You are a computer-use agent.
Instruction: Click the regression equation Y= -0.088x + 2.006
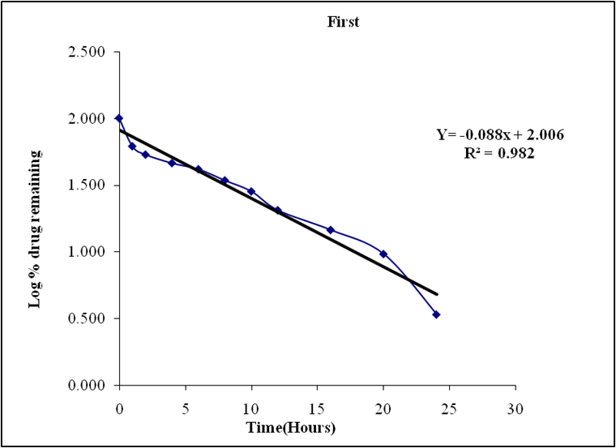coord(500,134)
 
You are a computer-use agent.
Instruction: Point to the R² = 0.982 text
coord(500,151)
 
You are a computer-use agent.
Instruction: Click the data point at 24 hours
coord(436,314)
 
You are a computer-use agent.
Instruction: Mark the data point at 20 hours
coord(383,254)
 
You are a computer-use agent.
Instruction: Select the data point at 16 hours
coord(331,230)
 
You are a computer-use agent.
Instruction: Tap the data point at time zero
coord(119,118)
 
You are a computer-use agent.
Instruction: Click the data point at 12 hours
coord(278,211)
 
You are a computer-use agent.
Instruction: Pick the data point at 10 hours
coord(251,191)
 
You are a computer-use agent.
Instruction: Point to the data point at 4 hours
coord(172,163)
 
